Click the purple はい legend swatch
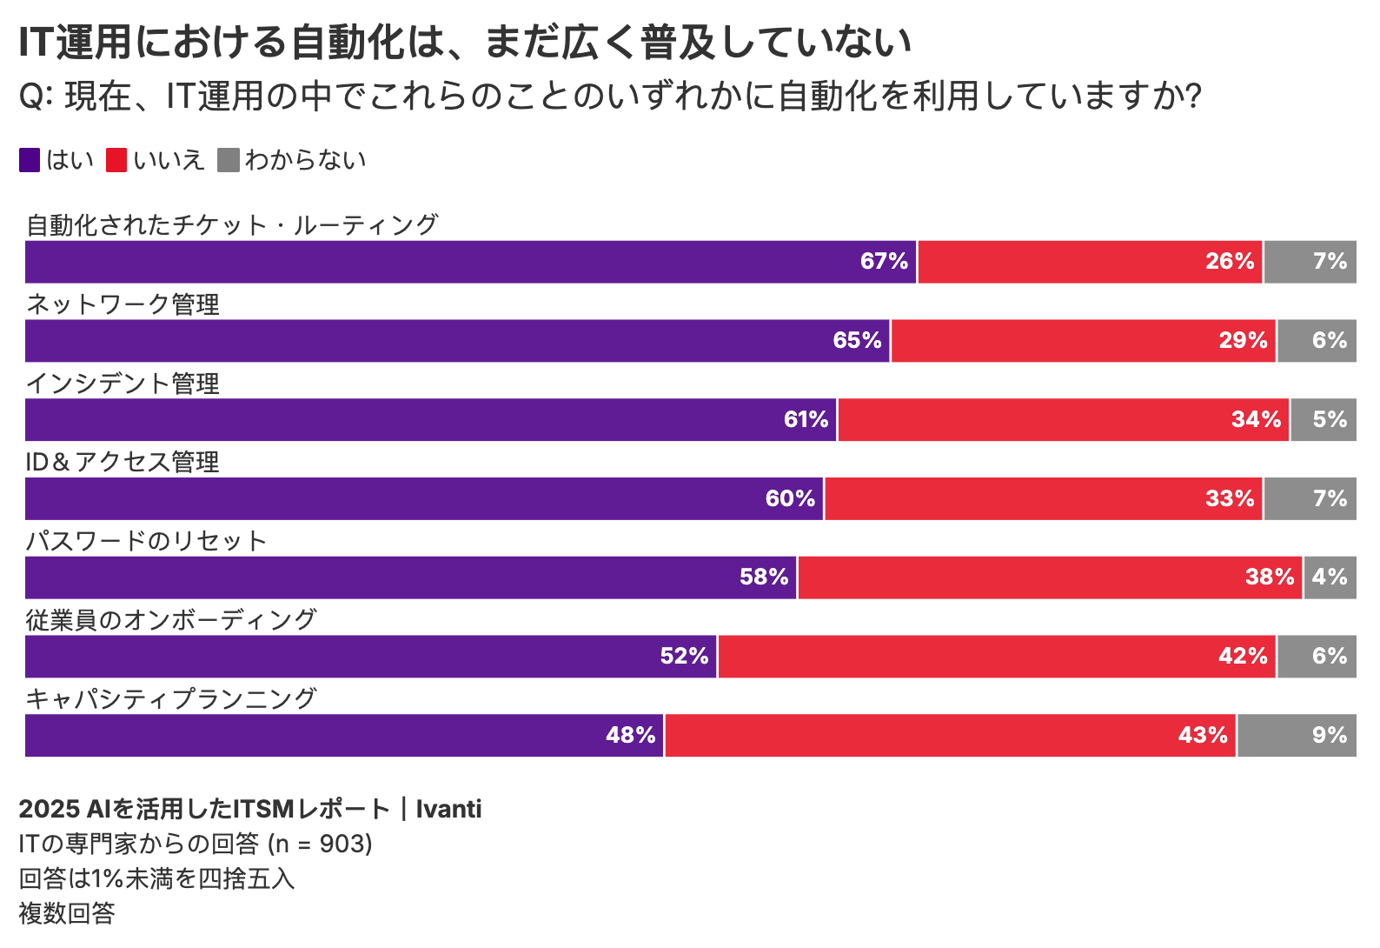tap(30, 160)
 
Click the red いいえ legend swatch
tap(116, 160)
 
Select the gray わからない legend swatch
tap(228, 160)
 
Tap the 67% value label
tap(884, 262)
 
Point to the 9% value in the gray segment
tap(1329, 736)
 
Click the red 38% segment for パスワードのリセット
tap(1050, 577)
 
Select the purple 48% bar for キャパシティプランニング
tap(344, 736)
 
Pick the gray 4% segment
tap(1330, 577)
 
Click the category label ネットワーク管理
tap(123, 304)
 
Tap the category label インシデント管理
tap(123, 384)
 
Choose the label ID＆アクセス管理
tap(123, 462)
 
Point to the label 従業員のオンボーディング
tap(171, 620)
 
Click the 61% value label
tap(806, 420)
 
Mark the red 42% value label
tap(1243, 657)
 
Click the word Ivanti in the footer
tap(448, 809)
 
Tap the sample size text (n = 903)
tap(320, 844)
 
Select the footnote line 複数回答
tap(67, 913)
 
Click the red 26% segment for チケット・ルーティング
tap(1090, 262)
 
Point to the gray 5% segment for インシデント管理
tap(1324, 420)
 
